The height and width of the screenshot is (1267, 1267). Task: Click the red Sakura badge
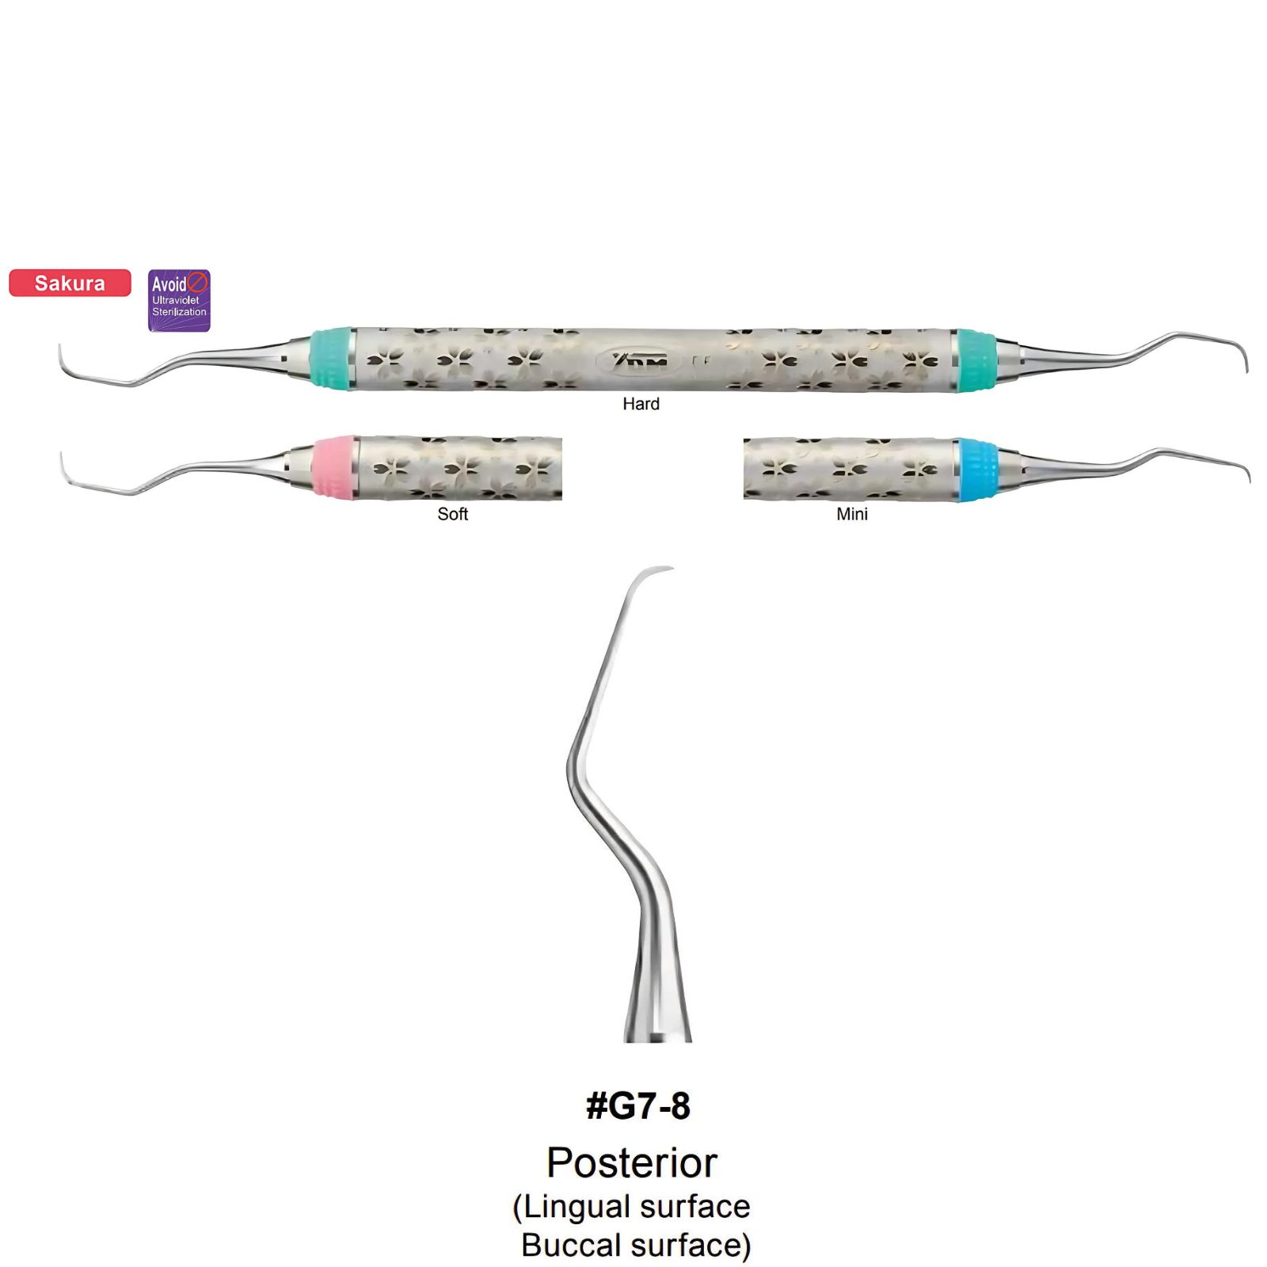tap(70, 283)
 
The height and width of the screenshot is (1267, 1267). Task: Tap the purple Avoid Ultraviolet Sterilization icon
tap(180, 300)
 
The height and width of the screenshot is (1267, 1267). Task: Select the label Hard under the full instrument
tap(641, 404)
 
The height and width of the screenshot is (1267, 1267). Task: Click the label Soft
tap(453, 514)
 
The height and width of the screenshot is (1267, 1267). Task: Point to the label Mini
tap(852, 514)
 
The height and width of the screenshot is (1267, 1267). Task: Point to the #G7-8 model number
tap(638, 1105)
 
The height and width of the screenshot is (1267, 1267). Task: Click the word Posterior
tap(632, 1163)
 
